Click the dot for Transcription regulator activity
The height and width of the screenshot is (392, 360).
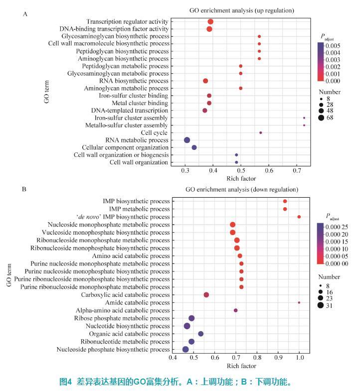click(x=210, y=22)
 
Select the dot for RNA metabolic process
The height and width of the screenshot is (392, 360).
click(x=187, y=140)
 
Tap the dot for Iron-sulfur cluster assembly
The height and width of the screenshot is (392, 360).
click(x=304, y=118)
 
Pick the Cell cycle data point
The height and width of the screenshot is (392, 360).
click(x=261, y=132)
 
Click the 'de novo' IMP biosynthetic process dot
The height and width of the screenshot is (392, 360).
click(x=299, y=217)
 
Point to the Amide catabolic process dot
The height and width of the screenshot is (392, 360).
click(x=299, y=302)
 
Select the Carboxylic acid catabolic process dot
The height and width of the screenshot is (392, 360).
click(x=206, y=295)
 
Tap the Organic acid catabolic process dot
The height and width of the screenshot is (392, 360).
click(x=201, y=334)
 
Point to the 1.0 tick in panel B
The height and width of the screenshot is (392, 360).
click(x=299, y=358)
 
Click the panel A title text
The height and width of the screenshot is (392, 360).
click(x=242, y=10)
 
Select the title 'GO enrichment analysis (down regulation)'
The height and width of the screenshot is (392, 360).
click(x=242, y=190)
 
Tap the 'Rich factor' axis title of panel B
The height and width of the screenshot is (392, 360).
click(x=242, y=366)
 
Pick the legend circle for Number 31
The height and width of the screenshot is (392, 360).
click(x=321, y=306)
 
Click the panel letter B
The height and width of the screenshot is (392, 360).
click(x=24, y=189)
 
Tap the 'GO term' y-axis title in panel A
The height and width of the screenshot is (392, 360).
click(x=46, y=93)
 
